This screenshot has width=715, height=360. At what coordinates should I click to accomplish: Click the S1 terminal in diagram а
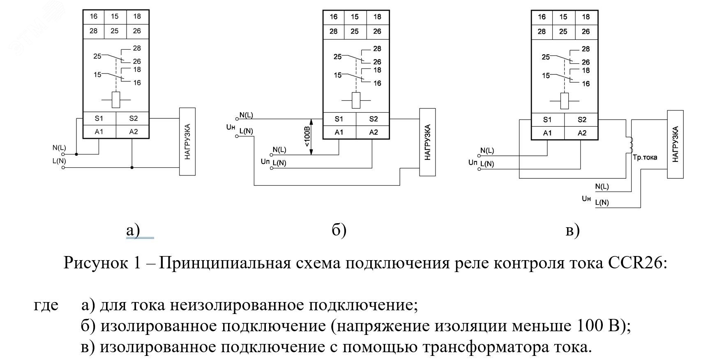tap(99, 118)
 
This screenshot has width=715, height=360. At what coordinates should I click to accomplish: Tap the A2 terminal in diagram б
tap(373, 132)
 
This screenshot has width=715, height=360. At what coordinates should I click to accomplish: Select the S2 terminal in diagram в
tap(582, 120)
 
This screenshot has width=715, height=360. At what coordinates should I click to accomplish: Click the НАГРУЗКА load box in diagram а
tap(187, 141)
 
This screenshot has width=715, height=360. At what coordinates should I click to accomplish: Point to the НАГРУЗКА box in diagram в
tap(675, 144)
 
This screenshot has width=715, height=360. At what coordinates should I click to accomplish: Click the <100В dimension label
tap(307, 137)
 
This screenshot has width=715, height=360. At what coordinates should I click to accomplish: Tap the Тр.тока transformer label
tap(645, 157)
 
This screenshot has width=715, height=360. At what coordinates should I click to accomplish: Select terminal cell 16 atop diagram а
tap(94, 16)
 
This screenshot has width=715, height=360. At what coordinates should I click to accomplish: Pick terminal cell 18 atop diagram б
tap(377, 17)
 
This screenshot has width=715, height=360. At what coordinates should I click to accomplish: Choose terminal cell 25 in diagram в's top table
tap(563, 31)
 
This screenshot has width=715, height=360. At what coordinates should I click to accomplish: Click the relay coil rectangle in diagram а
tap(116, 100)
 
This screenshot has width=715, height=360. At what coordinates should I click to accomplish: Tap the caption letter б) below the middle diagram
tap(339, 231)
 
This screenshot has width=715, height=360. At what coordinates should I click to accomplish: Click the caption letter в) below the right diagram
tap(572, 231)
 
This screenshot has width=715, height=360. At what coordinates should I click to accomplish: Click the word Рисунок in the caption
tap(96, 263)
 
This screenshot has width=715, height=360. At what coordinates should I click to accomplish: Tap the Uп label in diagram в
tap(473, 162)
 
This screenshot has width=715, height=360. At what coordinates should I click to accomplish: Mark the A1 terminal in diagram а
tap(99, 132)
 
